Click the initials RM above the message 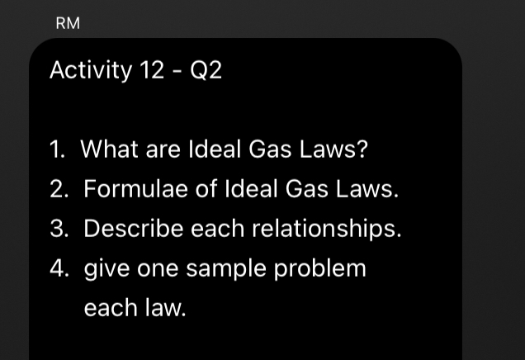pyautogui.click(x=68, y=24)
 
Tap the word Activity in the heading pyautogui.click(x=90, y=71)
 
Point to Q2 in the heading pyautogui.click(x=206, y=72)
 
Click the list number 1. pyautogui.click(x=56, y=150)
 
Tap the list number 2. pyautogui.click(x=58, y=189)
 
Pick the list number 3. pyautogui.click(x=58, y=229)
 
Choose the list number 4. pyautogui.click(x=58, y=268)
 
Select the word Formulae pyautogui.click(x=136, y=189)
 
